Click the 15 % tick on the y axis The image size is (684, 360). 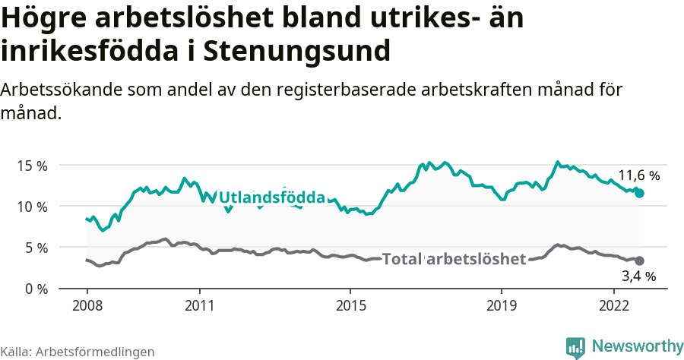coord(32,165)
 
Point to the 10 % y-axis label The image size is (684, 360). coord(32,207)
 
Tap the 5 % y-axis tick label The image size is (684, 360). coord(36,248)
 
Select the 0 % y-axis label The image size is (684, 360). coord(36,289)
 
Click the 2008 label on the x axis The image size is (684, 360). coord(87,305)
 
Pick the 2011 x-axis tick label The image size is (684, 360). coord(199,305)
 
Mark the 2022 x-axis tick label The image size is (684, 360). coord(613,305)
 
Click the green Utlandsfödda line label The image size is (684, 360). coord(272,197)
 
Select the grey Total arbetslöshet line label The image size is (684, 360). coord(454,259)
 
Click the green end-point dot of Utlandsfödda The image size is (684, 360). coord(639,194)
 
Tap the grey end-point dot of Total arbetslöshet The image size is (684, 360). coord(639,261)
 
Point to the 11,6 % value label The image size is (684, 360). coord(638,175)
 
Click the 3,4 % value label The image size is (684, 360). coord(638,276)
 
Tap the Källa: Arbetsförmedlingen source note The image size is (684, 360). coord(78,352)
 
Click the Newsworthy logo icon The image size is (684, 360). coord(575,347)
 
